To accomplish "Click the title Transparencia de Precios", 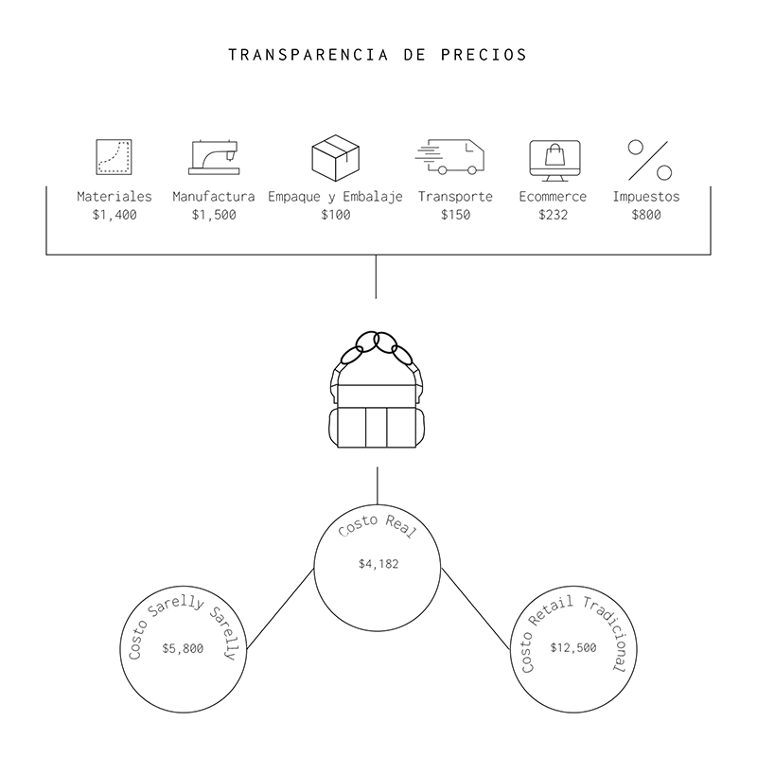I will [378, 54].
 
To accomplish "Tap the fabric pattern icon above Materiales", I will [114, 157].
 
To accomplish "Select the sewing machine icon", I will [214, 157].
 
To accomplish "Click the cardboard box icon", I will [335, 156].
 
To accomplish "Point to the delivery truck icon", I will [449, 157].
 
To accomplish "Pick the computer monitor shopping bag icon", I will [554, 158].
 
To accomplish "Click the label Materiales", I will [114, 197].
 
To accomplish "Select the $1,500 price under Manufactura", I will [214, 215].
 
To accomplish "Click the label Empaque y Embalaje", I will [335, 197].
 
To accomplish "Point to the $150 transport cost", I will [455, 215].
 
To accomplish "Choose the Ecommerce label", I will [553, 197].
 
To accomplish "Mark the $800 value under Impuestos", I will [646, 215].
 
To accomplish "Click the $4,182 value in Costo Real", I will [378, 564].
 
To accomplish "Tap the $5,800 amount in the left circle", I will [183, 648].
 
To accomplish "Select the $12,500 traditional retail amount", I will [573, 648].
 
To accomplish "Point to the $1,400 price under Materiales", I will [114, 215].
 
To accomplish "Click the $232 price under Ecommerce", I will [553, 215].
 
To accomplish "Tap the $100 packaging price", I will [335, 215].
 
